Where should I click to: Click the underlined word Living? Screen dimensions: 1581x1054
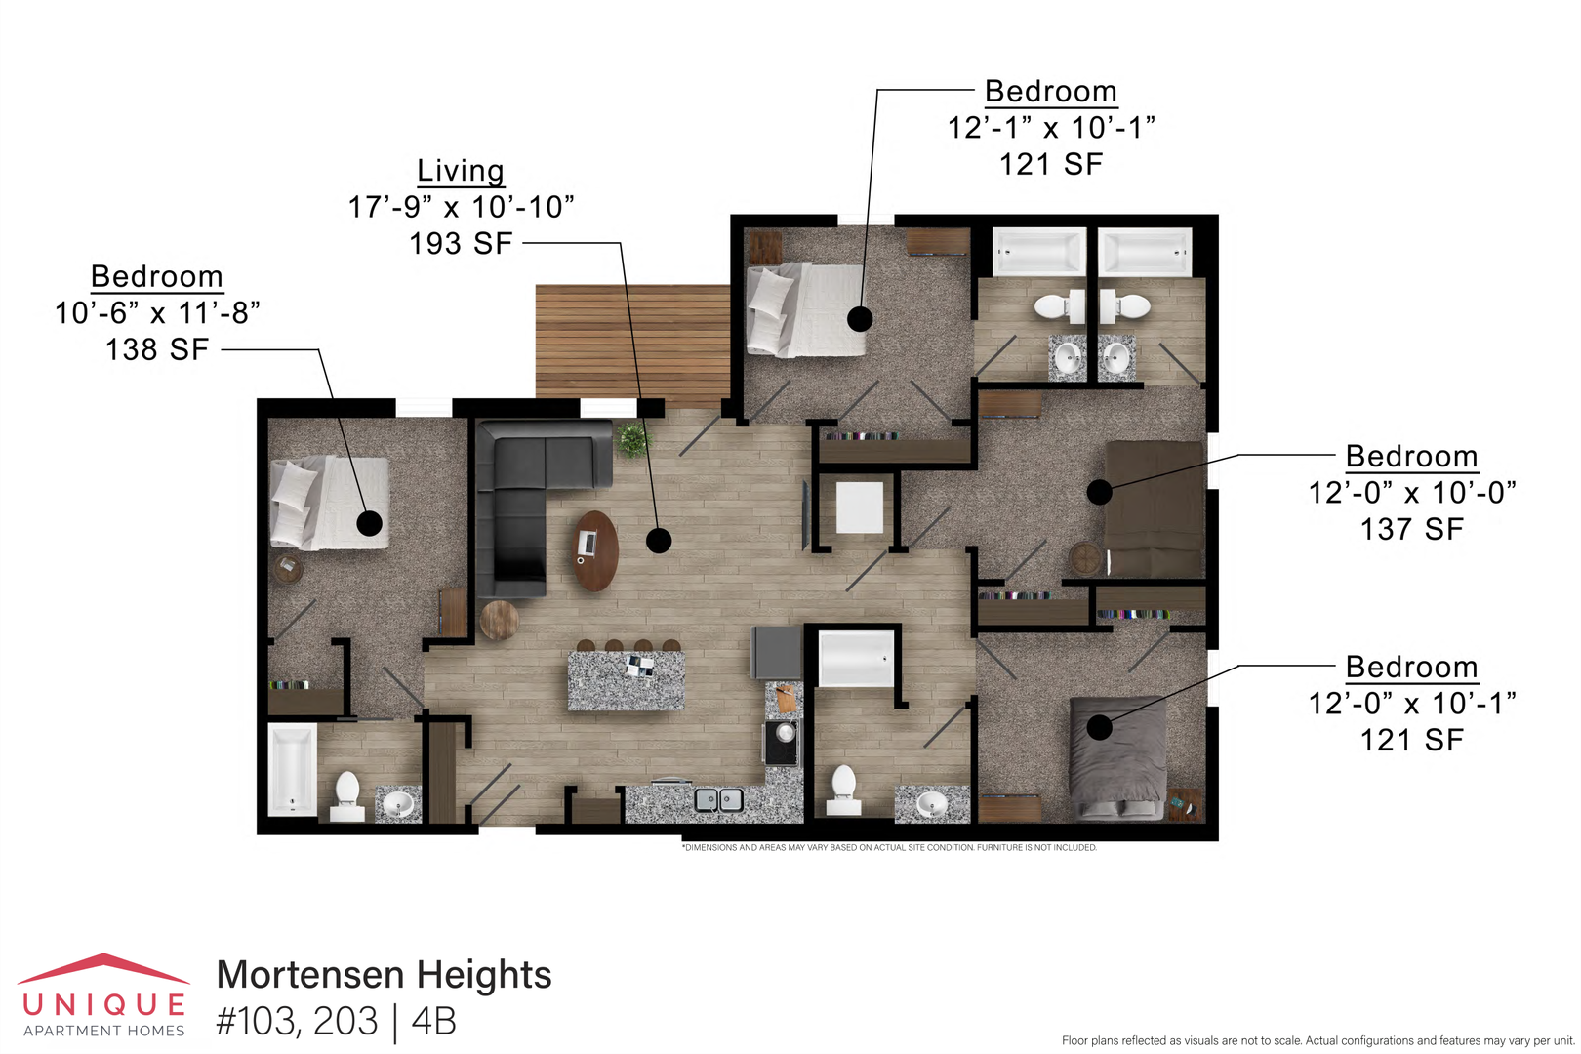461,171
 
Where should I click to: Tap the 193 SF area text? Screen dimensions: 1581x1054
461,244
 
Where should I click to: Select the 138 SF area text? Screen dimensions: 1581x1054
157,349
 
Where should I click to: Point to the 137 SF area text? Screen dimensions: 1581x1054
1411,530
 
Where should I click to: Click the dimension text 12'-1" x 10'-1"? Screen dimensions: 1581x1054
1051,128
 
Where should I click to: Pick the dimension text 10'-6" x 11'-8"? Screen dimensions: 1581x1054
157,312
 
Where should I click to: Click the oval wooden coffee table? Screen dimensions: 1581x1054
595,550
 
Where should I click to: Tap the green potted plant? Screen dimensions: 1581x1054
632,439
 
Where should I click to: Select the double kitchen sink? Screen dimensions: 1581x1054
718,800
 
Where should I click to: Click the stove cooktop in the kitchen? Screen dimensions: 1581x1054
782,743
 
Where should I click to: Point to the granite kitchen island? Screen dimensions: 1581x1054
626,680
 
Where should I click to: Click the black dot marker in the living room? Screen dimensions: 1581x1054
659,541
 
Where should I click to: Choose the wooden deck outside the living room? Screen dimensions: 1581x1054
632,345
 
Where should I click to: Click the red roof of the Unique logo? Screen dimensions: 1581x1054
103,968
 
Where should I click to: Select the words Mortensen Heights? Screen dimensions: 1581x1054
384,975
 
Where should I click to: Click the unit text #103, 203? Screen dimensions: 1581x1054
297,1022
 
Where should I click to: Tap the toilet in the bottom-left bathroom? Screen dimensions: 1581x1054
347,796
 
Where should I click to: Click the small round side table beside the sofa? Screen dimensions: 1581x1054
499,620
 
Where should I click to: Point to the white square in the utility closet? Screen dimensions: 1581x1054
859,507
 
